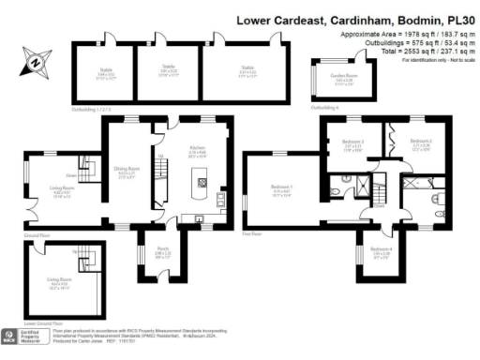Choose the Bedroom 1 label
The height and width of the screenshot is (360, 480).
281,187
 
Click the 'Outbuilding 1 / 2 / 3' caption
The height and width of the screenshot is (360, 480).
91,110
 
